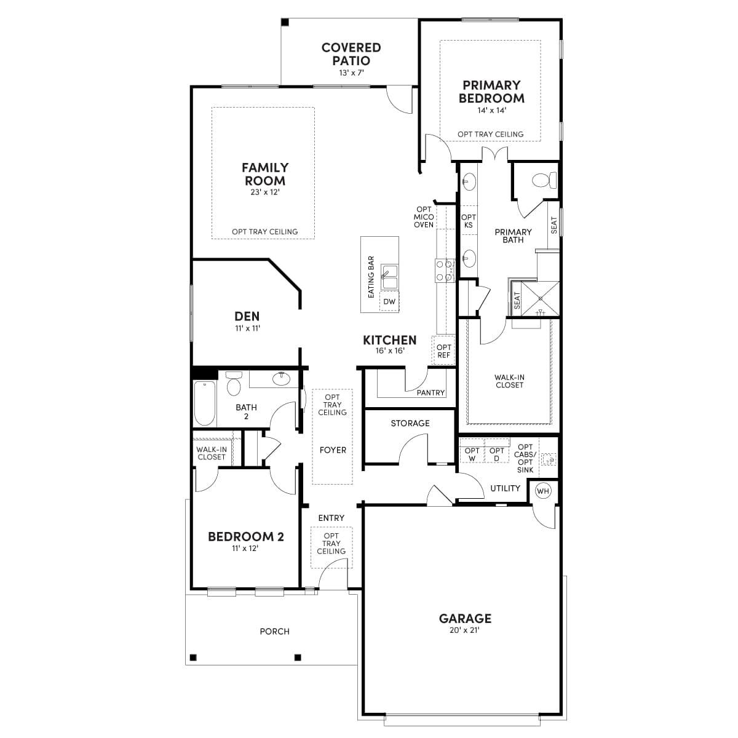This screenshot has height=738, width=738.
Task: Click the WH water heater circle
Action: [543, 490]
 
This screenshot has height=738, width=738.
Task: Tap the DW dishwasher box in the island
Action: [389, 302]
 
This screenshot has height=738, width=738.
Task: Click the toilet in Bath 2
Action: [233, 384]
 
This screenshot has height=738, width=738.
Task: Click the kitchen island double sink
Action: [389, 277]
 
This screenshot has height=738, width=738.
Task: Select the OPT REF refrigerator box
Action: [443, 351]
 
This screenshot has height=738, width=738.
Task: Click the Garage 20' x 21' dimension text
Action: [465, 630]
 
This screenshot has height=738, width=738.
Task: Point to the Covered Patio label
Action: [351, 54]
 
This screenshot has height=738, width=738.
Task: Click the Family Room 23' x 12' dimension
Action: [264, 192]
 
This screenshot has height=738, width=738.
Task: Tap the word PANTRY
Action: [430, 392]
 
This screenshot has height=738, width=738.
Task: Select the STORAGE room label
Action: [410, 423]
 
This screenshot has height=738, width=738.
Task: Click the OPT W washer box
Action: [472, 454]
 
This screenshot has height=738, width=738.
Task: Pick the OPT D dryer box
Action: [497, 454]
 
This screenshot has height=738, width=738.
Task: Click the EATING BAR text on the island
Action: [371, 277]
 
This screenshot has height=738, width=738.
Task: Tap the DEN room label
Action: [247, 316]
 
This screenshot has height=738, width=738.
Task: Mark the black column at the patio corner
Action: [285, 23]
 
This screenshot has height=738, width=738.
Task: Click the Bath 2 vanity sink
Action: [282, 378]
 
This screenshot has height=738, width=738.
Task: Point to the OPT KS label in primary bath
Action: [469, 221]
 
